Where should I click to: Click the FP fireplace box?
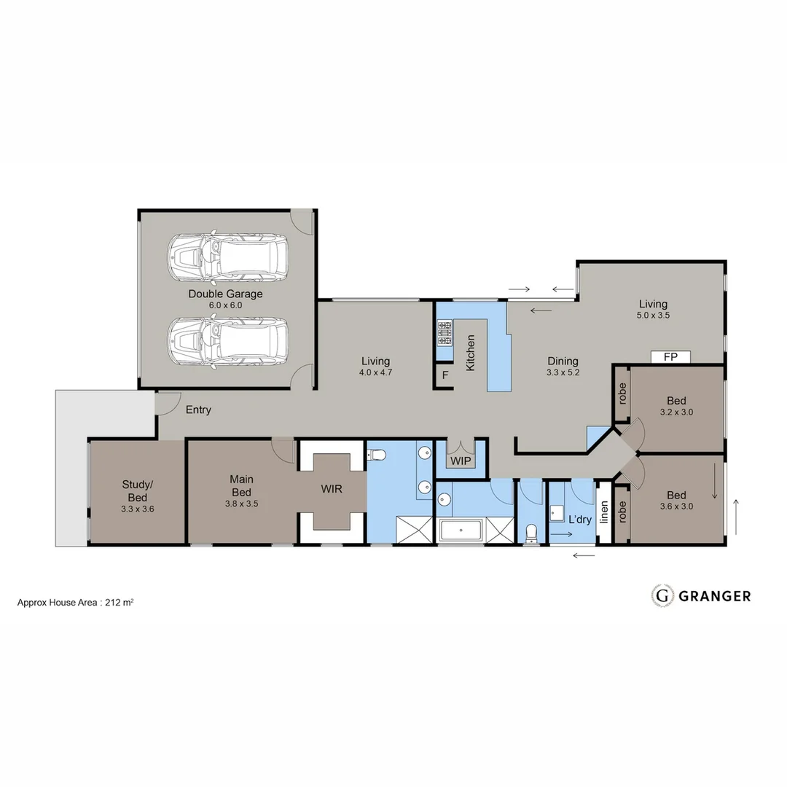(670, 357)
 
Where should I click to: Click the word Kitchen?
(471, 353)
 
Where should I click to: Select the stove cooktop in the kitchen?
(445, 332)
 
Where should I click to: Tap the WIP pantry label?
(461, 461)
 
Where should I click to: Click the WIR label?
(332, 488)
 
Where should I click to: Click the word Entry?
(198, 410)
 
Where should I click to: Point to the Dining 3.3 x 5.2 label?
(563, 366)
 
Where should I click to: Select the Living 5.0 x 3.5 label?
(653, 310)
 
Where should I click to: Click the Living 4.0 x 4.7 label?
(375, 366)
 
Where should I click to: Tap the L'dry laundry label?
(580, 520)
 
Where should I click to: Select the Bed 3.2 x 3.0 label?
(676, 406)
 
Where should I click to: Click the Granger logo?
(700, 595)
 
